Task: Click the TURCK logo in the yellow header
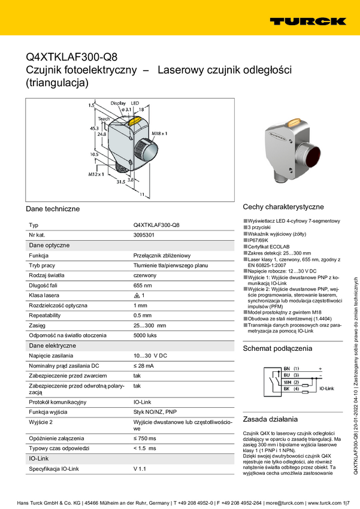(307, 21)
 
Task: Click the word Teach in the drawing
(104, 119)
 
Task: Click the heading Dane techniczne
(53, 209)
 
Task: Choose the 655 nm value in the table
(143, 286)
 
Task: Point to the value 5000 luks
(145, 336)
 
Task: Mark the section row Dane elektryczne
(53, 346)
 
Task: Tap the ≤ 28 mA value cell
(144, 365)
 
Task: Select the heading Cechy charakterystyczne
(283, 207)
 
